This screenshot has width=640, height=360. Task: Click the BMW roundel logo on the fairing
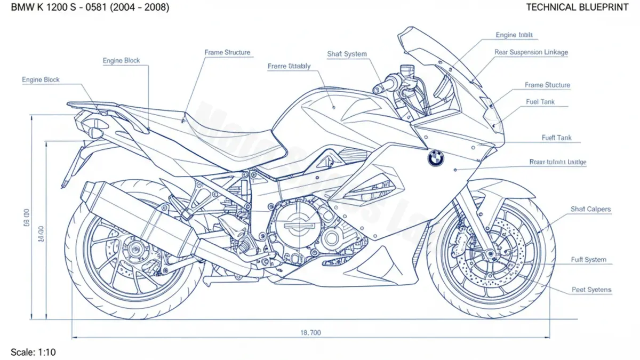[435, 157]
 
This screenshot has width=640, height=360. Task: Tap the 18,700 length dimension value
[311, 332]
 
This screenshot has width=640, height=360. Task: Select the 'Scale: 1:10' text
[33, 352]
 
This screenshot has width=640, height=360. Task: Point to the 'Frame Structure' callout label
[227, 53]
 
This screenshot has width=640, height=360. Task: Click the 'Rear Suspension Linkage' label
[531, 52]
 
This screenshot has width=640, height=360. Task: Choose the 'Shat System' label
[347, 54]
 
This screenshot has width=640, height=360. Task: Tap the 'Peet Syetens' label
[591, 290]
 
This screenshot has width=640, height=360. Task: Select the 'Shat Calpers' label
[590, 209]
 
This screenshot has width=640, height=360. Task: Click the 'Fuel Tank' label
[540, 101]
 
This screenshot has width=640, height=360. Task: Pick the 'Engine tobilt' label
[514, 35]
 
